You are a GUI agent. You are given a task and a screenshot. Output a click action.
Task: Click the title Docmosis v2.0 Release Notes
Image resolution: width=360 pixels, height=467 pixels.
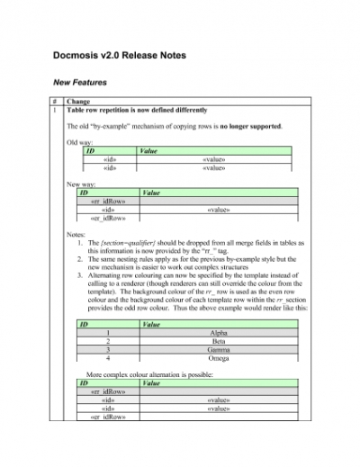[x=119, y=56]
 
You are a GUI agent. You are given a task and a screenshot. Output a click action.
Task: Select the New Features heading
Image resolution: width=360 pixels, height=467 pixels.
[x=80, y=83]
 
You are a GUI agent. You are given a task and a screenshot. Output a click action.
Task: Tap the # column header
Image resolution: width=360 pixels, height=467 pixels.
[x=57, y=103]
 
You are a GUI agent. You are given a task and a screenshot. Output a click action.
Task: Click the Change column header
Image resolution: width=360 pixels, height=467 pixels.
[x=77, y=103]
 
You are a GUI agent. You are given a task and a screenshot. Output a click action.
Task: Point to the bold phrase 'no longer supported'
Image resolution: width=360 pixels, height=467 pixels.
[x=251, y=126]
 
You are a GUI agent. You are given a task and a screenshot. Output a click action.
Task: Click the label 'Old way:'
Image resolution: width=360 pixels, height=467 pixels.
[x=80, y=142]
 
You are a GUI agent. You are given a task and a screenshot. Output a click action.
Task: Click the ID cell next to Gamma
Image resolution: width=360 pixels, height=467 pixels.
[x=108, y=350]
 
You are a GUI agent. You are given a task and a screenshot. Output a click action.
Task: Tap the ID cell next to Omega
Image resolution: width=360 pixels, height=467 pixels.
[x=108, y=359]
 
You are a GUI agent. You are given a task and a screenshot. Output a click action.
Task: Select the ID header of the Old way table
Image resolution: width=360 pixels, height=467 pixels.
[x=90, y=151]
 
